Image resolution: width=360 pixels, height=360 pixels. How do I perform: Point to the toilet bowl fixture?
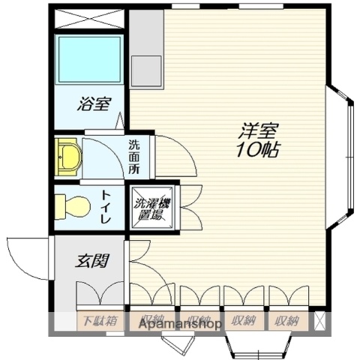73,204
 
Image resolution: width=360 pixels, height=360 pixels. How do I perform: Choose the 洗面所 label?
133,157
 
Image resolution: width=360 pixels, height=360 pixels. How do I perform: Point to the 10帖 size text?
257,150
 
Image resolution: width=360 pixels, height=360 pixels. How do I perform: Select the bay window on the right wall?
341,157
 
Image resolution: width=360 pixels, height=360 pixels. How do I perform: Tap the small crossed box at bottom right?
321,321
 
